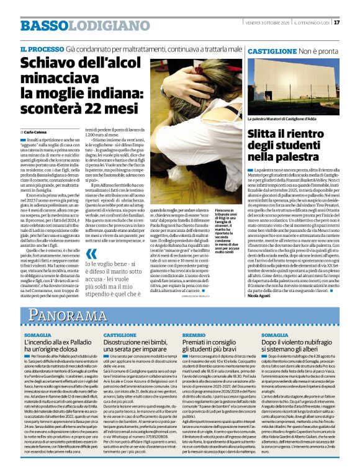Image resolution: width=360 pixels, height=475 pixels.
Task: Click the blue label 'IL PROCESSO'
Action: [42, 48]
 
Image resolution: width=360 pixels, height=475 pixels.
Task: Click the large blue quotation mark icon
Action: [92, 253]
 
